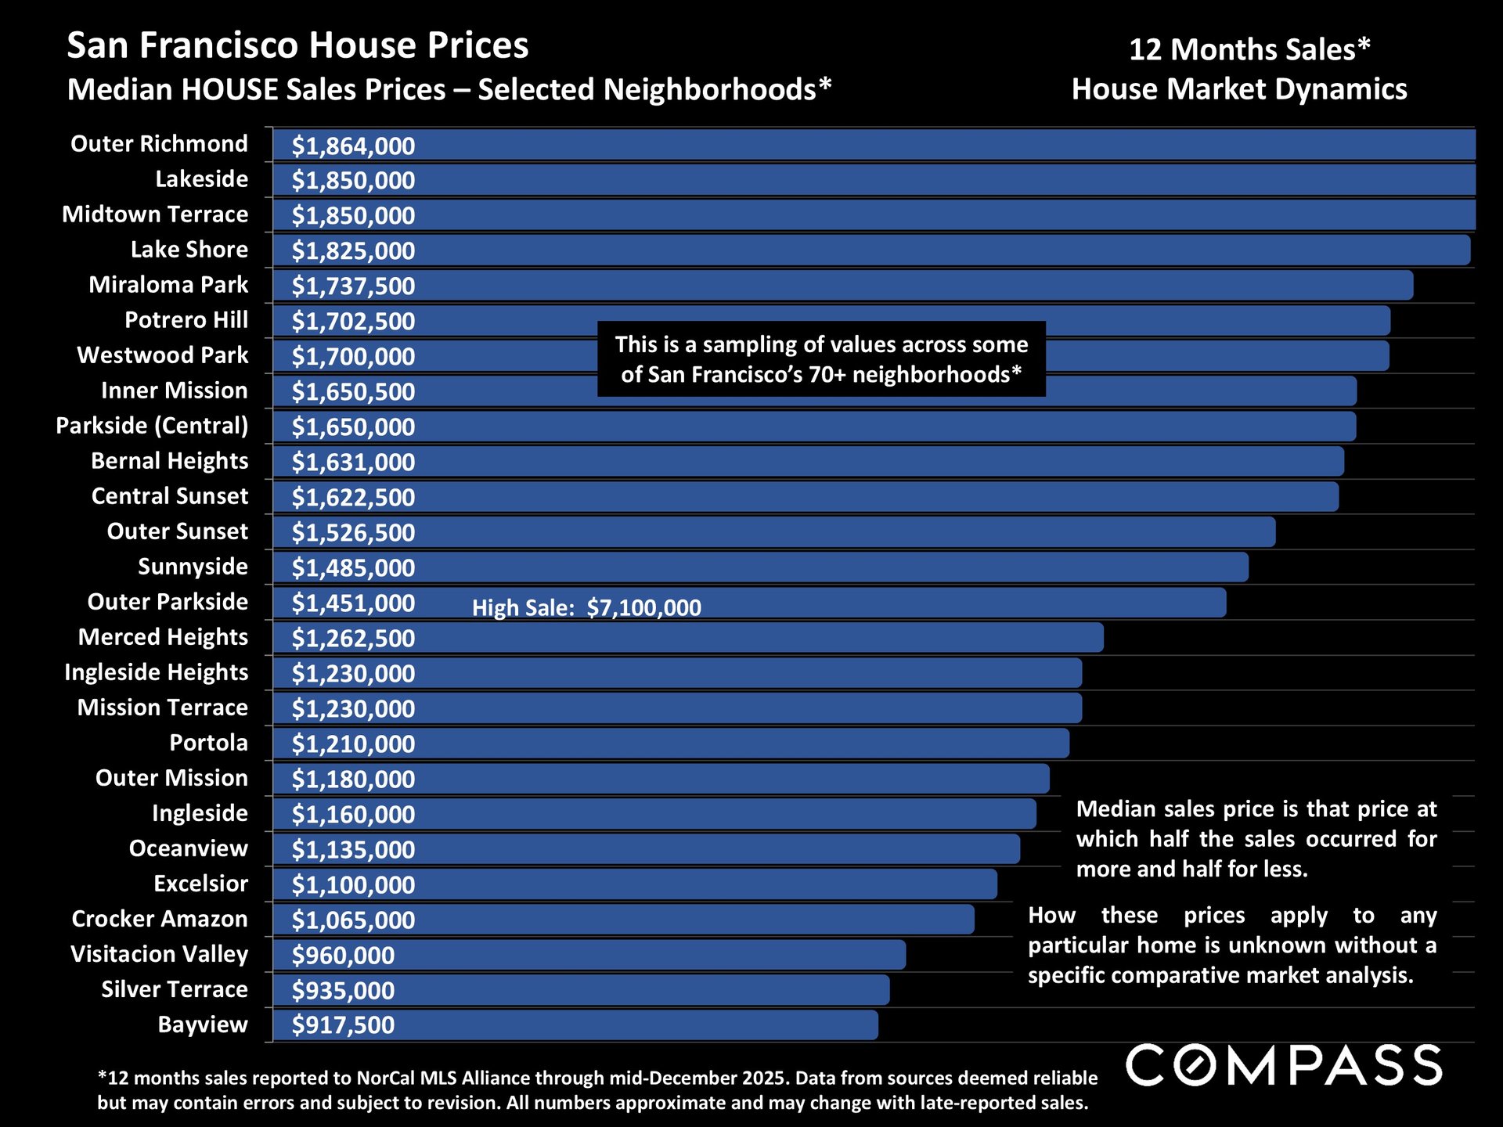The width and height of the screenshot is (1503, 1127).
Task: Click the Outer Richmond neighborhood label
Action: pos(159,144)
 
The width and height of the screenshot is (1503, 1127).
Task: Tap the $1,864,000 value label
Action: pos(353,146)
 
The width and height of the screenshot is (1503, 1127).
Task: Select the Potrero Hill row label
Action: pos(186,320)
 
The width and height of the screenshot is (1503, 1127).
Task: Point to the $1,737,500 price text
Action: pos(353,286)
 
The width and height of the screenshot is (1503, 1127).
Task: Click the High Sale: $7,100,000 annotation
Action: pos(586,607)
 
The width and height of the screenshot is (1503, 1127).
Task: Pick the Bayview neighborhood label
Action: pos(203,1024)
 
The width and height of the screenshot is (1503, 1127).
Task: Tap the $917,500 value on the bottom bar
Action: pos(343,1025)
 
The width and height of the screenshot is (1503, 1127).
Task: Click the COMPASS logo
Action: pos(1284,1065)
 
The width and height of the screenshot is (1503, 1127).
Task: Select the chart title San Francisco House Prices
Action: pos(297,45)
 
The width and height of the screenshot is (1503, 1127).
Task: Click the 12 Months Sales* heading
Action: pos(1249,49)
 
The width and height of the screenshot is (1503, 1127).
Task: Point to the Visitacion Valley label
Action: pos(159,954)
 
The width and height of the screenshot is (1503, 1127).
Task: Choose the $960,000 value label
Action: pos(343,955)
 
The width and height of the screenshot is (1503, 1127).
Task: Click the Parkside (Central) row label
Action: pos(152,426)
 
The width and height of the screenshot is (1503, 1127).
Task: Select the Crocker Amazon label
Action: pos(160,919)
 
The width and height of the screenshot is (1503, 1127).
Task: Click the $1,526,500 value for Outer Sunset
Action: pos(353,532)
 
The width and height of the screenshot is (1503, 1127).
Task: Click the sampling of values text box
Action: pos(821,359)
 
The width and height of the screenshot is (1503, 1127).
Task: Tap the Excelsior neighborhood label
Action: pos(200,884)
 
